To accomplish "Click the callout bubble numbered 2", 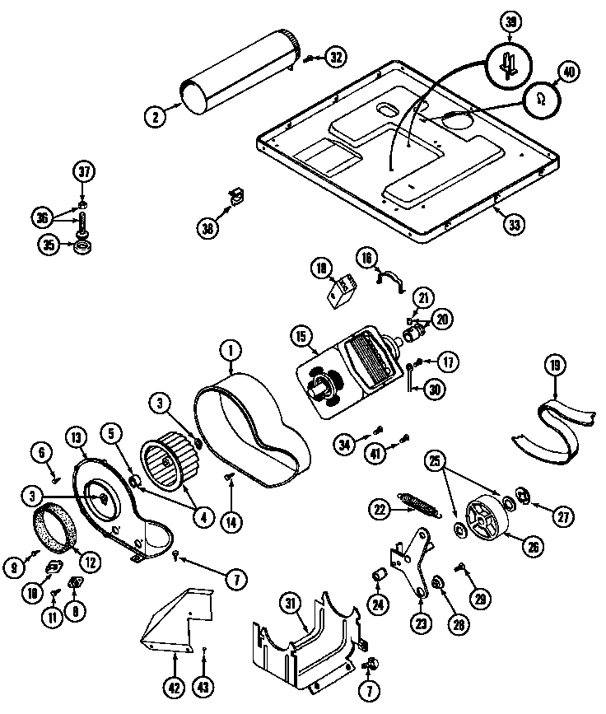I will [x=154, y=116].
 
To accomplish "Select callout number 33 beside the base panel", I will [x=514, y=223].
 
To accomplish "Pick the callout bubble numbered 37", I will [x=83, y=172].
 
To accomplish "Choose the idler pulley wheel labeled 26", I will [x=487, y=520].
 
